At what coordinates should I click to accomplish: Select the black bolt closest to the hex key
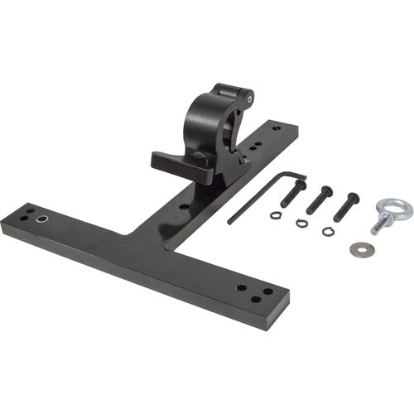pyautogui.click(x=293, y=192)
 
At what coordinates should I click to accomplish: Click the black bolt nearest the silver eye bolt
pyautogui.click(x=346, y=206)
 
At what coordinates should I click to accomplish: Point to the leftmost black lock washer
pyautogui.click(x=276, y=215)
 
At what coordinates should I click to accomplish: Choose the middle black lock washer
pyautogui.click(x=301, y=223)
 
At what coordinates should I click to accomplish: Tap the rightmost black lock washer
pyautogui.click(x=329, y=230)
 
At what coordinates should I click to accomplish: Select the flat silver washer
pyautogui.click(x=359, y=248)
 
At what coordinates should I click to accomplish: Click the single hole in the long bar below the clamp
pyautogui.click(x=182, y=205)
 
